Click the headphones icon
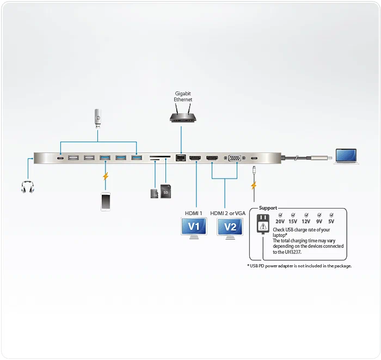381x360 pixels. (x=27, y=187)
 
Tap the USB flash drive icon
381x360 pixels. (x=97, y=119)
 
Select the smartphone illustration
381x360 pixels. (x=106, y=202)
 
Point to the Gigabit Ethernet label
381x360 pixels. (x=183, y=96)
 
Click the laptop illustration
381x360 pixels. (x=346, y=156)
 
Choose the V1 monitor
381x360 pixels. (x=194, y=228)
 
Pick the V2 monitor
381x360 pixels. (x=230, y=229)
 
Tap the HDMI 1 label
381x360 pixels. (x=193, y=213)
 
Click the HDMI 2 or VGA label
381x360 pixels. (x=228, y=213)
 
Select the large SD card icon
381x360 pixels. (x=165, y=191)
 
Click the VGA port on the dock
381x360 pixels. (x=235, y=158)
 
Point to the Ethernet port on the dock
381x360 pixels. (x=181, y=157)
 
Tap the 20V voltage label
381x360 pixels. (x=280, y=221)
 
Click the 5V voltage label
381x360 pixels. (x=331, y=221)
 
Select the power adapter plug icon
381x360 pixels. (x=263, y=224)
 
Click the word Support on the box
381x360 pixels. (x=268, y=208)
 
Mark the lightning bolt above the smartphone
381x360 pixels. (x=106, y=176)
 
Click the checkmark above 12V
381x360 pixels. (x=306, y=215)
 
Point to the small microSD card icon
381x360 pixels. (x=154, y=193)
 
